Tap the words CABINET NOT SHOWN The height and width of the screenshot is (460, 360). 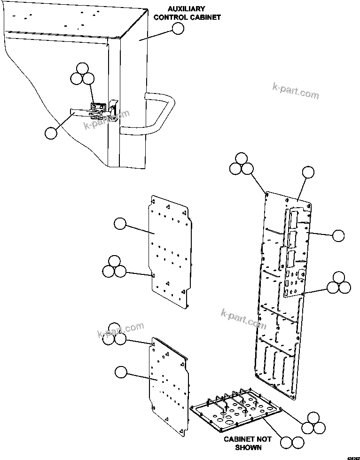click(248, 443)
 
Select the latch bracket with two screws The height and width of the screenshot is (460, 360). click(98, 108)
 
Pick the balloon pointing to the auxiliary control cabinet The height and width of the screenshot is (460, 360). click(178, 29)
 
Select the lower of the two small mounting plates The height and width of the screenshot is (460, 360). click(169, 385)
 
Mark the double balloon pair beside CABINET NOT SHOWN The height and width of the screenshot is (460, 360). click(291, 442)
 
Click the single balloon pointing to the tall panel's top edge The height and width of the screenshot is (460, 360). click(307, 172)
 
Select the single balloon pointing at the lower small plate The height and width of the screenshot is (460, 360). click(120, 372)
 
